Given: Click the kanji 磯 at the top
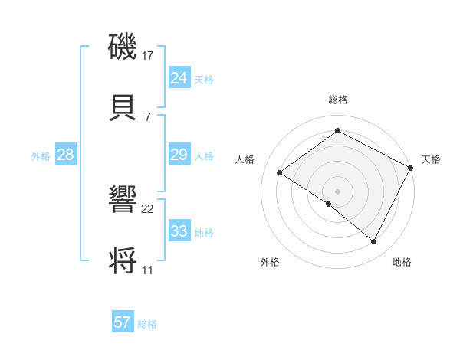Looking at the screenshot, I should tap(123, 46).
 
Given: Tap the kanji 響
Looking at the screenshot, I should tap(123, 201).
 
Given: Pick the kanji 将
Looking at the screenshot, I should tap(123, 260).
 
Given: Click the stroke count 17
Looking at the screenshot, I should tap(147, 56).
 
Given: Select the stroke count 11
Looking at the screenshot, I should tap(147, 270).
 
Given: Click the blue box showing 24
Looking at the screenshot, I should tap(179, 78).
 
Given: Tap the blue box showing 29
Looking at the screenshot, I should tap(179, 155).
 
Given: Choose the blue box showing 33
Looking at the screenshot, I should tap(179, 231).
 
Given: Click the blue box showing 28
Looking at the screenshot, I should tap(65, 155).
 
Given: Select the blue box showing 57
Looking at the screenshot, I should tap(122, 322).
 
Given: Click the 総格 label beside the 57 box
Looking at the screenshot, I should tap(147, 324).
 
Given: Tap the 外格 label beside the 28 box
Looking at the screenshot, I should tap(41, 156).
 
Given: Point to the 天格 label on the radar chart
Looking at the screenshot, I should tap(431, 159).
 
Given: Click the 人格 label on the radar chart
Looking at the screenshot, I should tap(245, 159).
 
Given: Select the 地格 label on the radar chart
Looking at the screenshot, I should tap(402, 262).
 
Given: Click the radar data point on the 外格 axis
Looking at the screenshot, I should tap(328, 204).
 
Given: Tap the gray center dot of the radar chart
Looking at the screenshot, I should tap(337, 191).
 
